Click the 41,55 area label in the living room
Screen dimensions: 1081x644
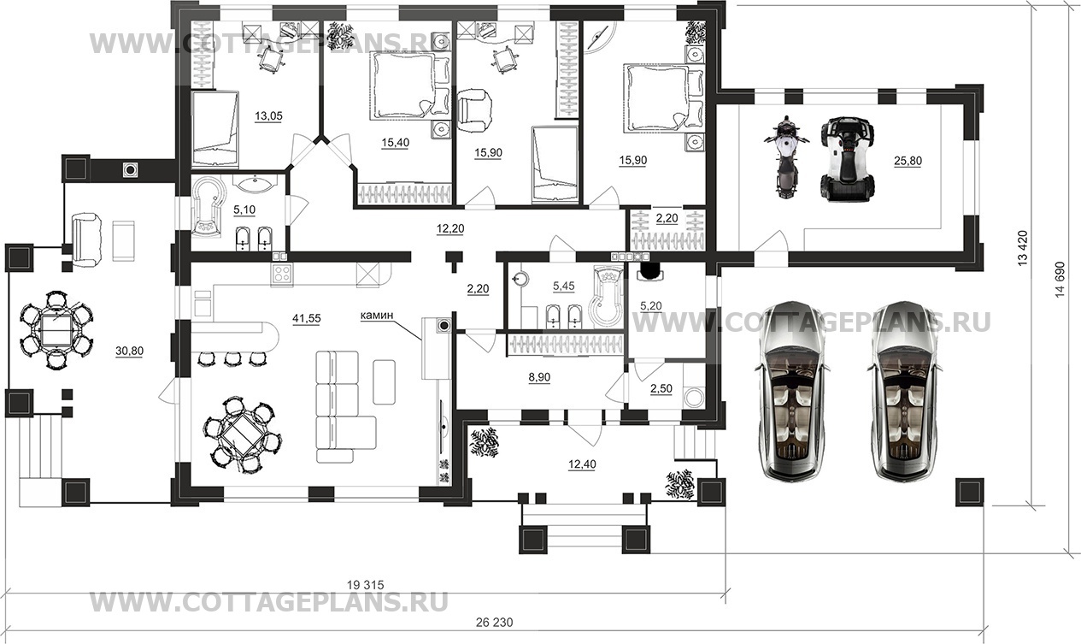[307, 318]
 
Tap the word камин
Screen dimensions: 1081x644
[376, 316]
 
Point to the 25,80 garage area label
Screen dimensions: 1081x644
[908, 161]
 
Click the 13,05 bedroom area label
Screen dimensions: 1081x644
[268, 116]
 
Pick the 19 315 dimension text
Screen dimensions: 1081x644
[366, 585]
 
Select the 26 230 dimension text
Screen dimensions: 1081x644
[494, 623]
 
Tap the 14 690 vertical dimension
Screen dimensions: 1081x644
[1060, 280]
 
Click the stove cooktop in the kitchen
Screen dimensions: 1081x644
[282, 275]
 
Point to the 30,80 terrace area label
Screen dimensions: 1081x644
[129, 351]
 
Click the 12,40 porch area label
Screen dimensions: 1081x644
[582, 464]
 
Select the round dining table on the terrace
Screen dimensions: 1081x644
[56, 329]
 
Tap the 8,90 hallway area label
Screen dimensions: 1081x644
[539, 377]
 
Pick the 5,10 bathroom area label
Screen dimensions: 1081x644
[244, 210]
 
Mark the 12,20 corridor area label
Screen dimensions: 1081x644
[449, 228]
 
